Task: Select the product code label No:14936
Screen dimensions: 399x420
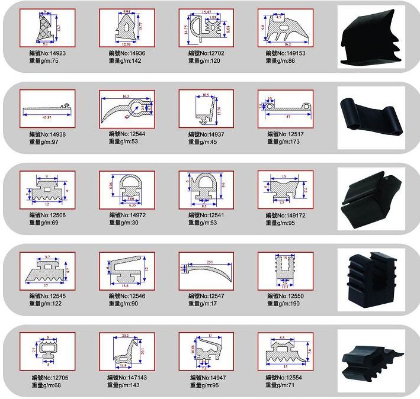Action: click(x=127, y=53)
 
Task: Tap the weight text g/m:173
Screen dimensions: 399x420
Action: click(x=285, y=142)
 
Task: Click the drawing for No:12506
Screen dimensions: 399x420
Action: click(x=47, y=189)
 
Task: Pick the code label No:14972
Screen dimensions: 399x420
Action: click(x=127, y=215)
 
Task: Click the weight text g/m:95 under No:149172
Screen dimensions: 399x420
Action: click(x=286, y=223)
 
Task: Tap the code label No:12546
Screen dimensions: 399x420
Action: click(x=127, y=295)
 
